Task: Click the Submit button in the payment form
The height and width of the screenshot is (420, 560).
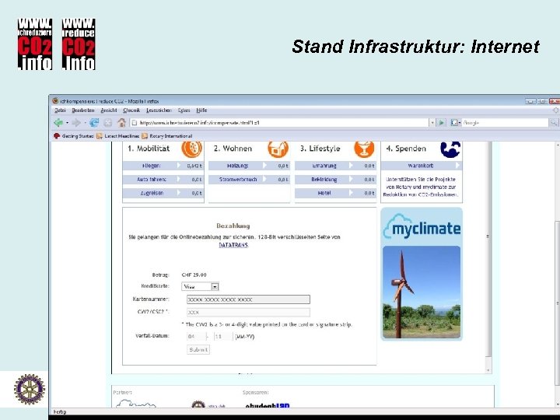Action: tap(198, 349)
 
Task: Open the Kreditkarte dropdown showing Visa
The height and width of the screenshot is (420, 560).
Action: tap(200, 286)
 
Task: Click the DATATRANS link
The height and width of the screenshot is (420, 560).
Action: tap(233, 244)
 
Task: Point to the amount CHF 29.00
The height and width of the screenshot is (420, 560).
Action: tap(194, 275)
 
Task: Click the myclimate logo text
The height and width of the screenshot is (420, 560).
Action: tap(422, 228)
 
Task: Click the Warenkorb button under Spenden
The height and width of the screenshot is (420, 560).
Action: tap(421, 165)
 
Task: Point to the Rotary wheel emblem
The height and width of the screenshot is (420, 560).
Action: tap(29, 389)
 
